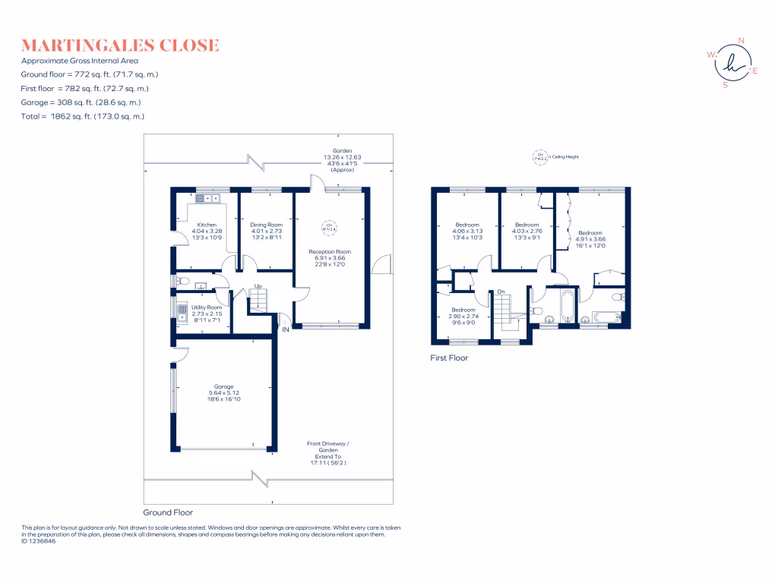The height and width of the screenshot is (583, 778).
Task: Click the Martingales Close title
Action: [x=120, y=46]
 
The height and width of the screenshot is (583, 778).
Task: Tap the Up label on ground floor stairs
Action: [x=258, y=287]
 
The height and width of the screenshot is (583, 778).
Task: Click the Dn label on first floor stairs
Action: [x=501, y=291]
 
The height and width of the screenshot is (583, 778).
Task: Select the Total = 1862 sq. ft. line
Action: [x=83, y=116]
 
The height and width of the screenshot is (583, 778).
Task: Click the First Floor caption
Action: [x=448, y=358]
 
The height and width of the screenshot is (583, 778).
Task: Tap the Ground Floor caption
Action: [x=168, y=512]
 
